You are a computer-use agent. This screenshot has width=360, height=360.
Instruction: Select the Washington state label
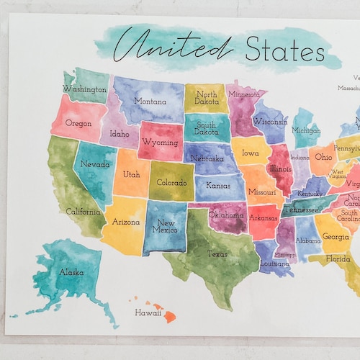point(84,89)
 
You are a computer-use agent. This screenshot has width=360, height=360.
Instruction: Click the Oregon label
point(78,123)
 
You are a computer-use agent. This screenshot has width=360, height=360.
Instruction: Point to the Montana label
point(150,102)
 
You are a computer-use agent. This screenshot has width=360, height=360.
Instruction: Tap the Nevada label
point(95,164)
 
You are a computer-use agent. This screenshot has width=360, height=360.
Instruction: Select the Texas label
point(217,253)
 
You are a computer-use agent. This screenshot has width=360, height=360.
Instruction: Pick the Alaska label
point(71,272)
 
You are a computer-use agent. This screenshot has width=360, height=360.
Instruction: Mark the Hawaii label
point(148,312)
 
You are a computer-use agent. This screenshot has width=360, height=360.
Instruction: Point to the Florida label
point(337,258)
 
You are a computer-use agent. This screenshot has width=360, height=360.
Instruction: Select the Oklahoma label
point(226,215)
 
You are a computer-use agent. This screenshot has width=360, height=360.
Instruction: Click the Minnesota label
point(243,94)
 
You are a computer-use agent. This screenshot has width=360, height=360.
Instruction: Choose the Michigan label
point(306,130)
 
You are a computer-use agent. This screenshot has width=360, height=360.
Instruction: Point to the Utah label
point(131,175)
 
